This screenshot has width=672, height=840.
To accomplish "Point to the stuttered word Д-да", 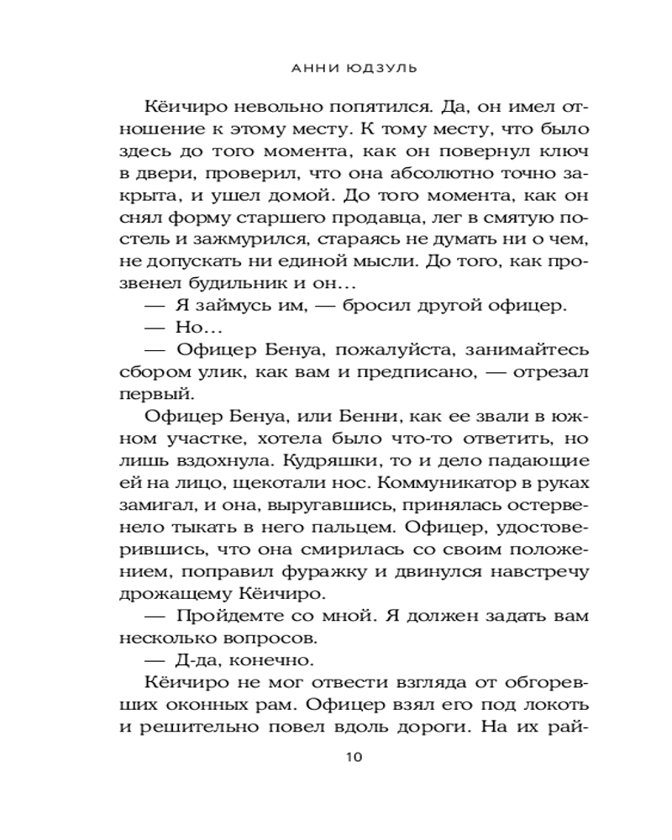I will (197, 659).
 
